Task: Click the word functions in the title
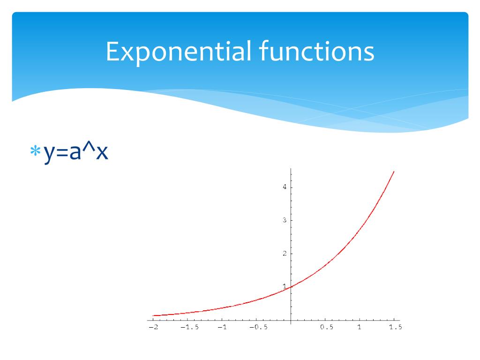(316, 52)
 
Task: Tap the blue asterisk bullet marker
(35, 151)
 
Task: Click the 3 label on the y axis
(284, 220)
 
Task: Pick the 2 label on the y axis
(284, 254)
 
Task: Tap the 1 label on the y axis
(284, 286)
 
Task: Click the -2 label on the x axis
(153, 327)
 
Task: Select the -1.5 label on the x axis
(189, 327)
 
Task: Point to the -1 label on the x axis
(222, 327)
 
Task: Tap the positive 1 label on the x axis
(360, 327)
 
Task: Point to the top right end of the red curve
(394, 172)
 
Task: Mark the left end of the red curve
(153, 315)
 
